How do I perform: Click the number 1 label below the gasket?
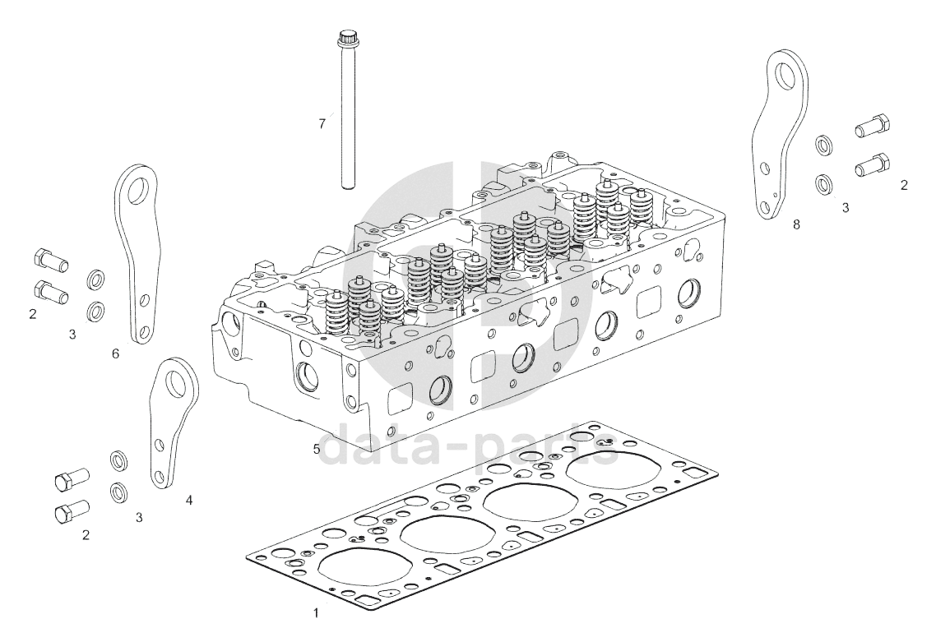click(315, 612)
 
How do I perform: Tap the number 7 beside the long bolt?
click(322, 124)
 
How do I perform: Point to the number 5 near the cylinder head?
click(316, 449)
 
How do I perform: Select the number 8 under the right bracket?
click(796, 224)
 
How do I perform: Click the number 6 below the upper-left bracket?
click(115, 353)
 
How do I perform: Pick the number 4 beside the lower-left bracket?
click(189, 499)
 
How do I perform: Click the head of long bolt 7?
click(346, 38)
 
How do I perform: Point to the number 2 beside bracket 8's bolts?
click(904, 185)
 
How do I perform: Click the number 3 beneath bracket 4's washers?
click(139, 517)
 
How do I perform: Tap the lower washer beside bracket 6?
click(96, 312)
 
